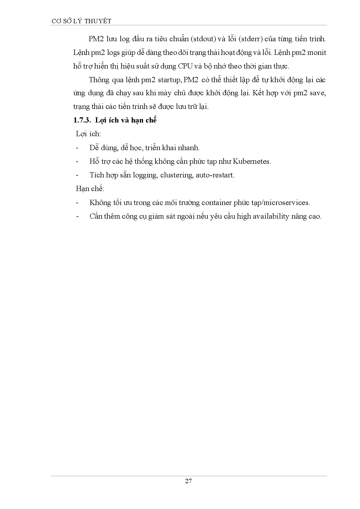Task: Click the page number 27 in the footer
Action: tap(188, 481)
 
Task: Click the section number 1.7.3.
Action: tap(82, 120)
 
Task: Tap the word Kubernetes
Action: tap(252, 162)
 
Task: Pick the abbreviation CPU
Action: tap(185, 66)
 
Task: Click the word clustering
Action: tap(176, 175)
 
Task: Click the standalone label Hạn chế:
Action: tap(90, 189)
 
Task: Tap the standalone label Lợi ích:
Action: tap(88, 134)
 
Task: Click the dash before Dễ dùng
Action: tap(77, 148)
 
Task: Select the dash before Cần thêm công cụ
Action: tap(77, 217)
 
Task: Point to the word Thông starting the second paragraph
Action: tap(99, 80)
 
